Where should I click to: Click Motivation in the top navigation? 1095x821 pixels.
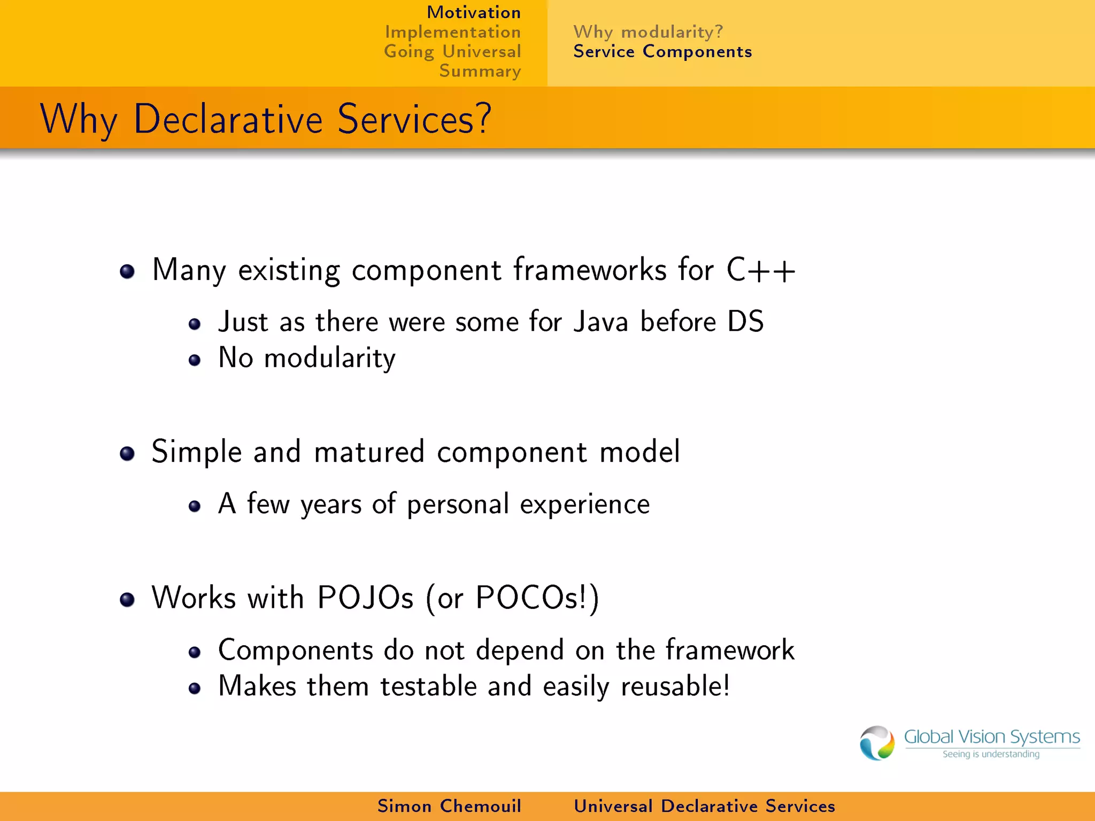pos(473,12)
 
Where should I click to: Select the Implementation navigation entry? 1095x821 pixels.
pos(452,32)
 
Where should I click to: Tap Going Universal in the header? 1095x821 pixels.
pos(452,52)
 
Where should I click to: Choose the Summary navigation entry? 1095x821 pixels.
pos(480,71)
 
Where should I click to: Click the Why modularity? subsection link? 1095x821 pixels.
pos(648,32)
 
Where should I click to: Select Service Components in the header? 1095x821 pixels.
pos(662,52)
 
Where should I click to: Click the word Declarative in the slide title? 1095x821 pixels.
pos(228,119)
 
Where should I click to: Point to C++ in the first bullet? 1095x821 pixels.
pos(760,270)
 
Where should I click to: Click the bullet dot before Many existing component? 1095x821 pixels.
pos(127,272)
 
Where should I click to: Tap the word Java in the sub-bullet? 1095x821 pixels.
pos(600,322)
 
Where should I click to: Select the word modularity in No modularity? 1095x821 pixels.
pos(329,358)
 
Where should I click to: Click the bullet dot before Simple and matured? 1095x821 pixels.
pos(127,454)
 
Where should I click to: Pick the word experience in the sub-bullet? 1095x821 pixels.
pos(584,505)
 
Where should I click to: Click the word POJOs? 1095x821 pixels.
pos(365,598)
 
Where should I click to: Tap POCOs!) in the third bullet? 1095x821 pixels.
pos(537,598)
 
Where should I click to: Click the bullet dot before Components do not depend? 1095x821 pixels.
pos(195,652)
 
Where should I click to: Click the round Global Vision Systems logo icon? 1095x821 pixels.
pos(877,743)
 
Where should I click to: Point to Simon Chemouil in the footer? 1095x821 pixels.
pos(449,806)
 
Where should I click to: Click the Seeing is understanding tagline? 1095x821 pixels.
pos(991,754)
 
